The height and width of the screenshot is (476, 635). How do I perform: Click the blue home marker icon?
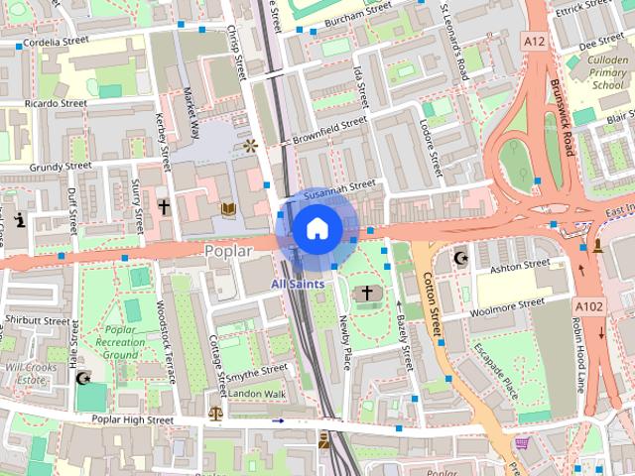coord(317,228)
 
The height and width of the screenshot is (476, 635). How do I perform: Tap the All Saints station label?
coord(298,284)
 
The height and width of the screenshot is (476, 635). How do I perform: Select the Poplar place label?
coord(230,251)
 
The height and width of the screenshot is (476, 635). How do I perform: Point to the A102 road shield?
coord(590,307)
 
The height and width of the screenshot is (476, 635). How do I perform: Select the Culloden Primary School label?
coord(593,72)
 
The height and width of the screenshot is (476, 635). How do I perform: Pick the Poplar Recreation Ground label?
coord(120,342)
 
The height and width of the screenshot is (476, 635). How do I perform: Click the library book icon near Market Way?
coord(228,208)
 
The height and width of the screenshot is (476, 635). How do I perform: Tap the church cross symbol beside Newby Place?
coord(368,293)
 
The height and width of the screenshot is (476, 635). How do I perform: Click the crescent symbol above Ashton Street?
coord(459,258)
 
